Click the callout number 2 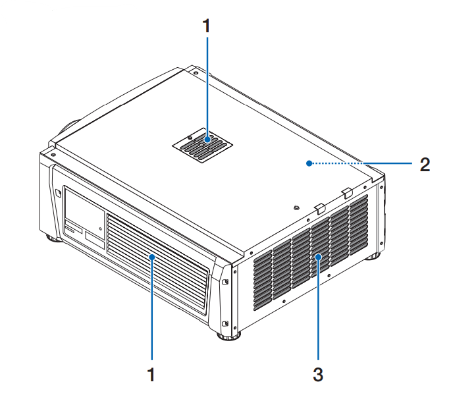pyautogui.click(x=425, y=163)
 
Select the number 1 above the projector pyautogui.click(x=207, y=26)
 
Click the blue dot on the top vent pyautogui.click(x=207, y=140)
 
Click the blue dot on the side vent pyautogui.click(x=318, y=257)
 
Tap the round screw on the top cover pyautogui.click(x=295, y=209)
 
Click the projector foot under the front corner pyautogui.click(x=228, y=336)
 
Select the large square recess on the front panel pyautogui.click(x=84, y=214)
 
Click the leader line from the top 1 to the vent pyautogui.click(x=207, y=86)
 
